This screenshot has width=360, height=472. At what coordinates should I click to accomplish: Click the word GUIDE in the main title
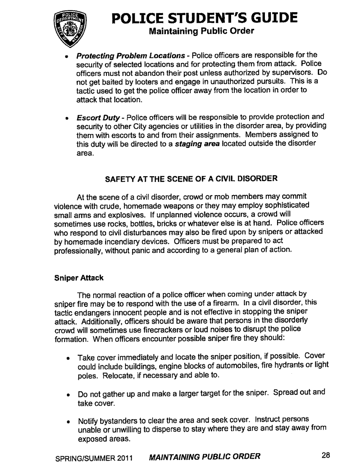click(271, 17)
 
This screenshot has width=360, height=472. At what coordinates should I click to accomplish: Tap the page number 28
click(325, 456)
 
